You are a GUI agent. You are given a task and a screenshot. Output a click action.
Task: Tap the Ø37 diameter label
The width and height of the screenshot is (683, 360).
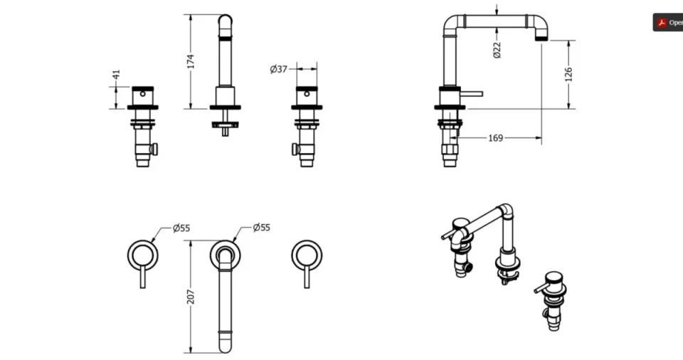click(278, 69)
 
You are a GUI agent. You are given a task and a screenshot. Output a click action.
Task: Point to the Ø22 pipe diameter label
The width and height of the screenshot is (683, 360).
click(497, 49)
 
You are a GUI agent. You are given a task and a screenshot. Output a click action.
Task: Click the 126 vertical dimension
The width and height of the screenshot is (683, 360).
click(568, 74)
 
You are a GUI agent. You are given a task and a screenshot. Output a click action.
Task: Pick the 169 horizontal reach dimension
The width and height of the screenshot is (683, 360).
click(495, 138)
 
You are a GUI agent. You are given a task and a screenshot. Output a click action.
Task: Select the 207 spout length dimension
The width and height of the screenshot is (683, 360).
click(190, 297)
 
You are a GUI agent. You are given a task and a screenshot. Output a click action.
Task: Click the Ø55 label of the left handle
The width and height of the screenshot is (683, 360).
click(181, 228)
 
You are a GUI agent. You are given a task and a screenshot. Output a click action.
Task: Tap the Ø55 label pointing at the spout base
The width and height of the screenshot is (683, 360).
click(261, 228)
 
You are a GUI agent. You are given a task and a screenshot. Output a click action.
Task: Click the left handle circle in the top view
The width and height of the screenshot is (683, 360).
click(142, 255)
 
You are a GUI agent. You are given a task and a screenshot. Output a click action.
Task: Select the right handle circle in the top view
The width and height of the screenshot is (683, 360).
click(307, 255)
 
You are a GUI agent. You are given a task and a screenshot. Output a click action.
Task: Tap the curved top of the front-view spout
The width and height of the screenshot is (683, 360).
click(225, 19)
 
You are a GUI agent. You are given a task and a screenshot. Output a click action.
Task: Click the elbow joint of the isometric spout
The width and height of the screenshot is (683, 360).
click(504, 211)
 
